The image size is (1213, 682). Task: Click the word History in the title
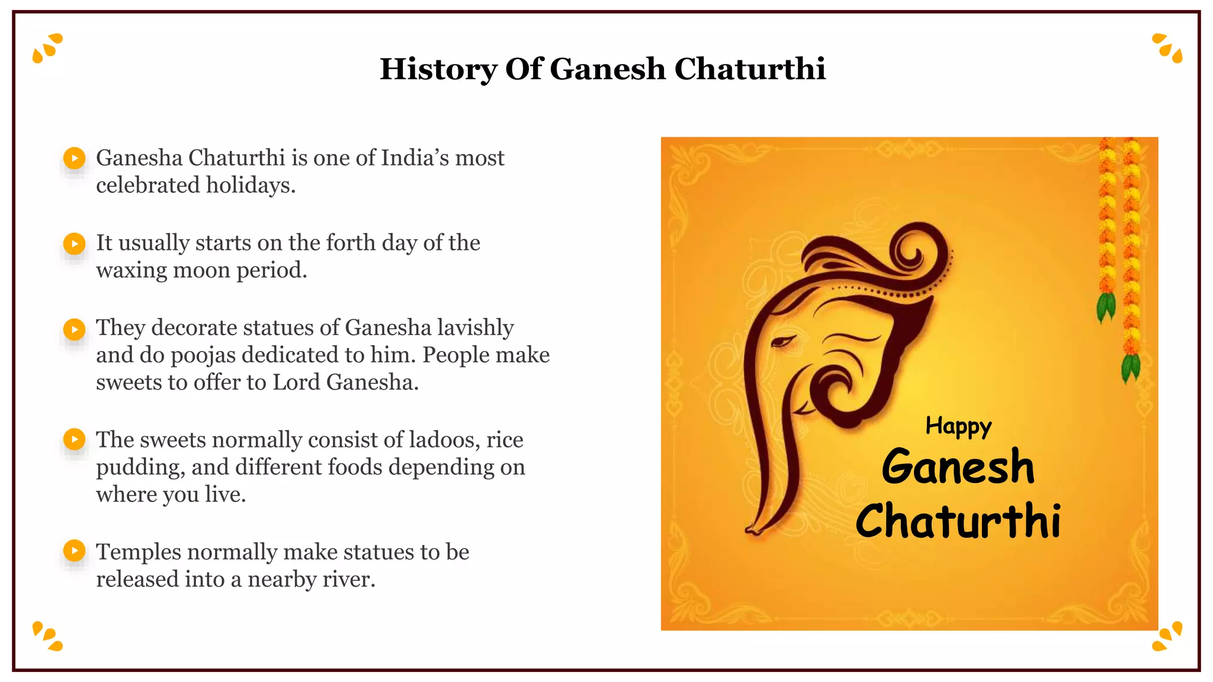pos(439,69)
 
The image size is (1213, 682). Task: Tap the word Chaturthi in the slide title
pos(750,69)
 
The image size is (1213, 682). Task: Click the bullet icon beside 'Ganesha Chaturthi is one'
pos(75,158)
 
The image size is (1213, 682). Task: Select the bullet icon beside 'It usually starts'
pos(75,243)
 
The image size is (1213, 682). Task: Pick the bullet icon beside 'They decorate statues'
pos(75,329)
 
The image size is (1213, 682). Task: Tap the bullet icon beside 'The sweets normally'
pos(75,440)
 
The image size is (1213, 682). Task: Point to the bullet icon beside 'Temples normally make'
pos(75,551)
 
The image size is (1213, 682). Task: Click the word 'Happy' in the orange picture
pos(958,426)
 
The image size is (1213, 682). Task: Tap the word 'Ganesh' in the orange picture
pos(958,467)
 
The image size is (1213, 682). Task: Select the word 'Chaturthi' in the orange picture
pos(958,521)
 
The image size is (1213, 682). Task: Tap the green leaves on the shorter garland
pos(1106,307)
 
